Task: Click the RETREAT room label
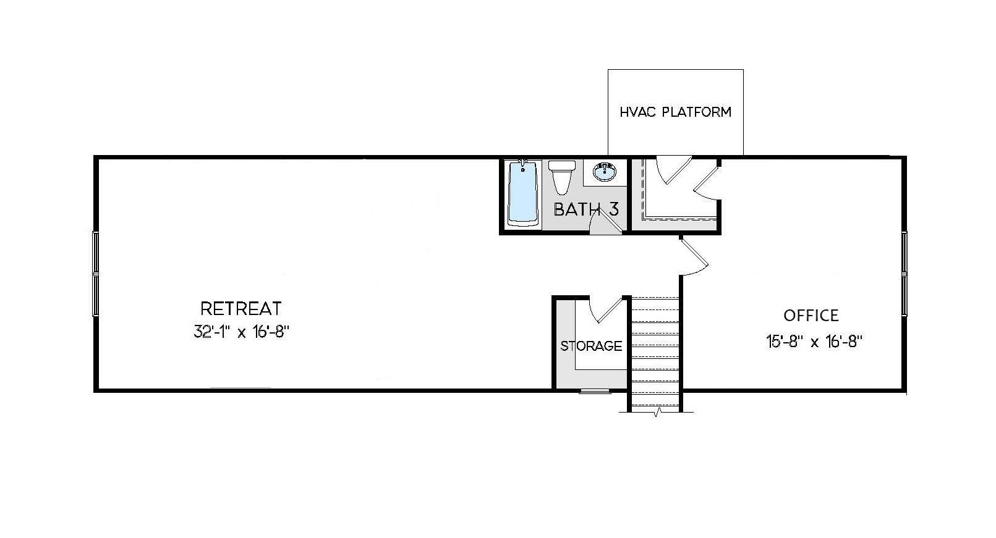[x=241, y=308]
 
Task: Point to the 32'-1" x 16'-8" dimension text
[x=242, y=332]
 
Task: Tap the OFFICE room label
[x=811, y=316]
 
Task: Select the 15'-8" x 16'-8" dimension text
[x=814, y=342]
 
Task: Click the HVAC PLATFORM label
[x=675, y=112]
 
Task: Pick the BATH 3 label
[x=585, y=209]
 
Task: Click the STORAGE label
[x=591, y=346]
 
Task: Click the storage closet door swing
[x=605, y=309]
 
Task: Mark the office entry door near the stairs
[x=694, y=256]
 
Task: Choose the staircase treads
[x=655, y=352]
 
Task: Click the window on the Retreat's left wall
[x=96, y=273]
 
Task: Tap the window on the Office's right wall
[x=904, y=273]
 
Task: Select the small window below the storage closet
[x=595, y=392]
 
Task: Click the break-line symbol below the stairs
[x=658, y=412]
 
